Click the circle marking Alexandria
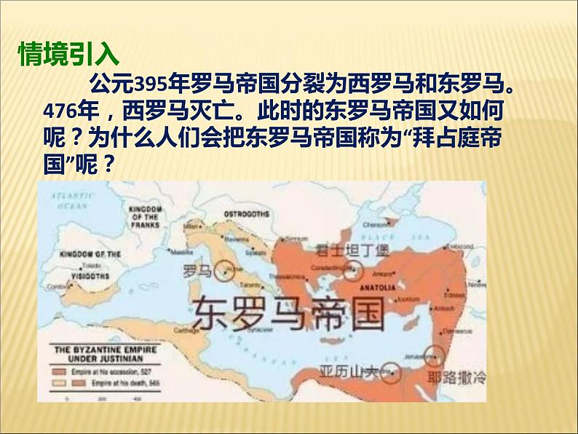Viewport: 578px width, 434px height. click(392, 373)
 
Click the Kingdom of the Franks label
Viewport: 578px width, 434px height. click(143, 216)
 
